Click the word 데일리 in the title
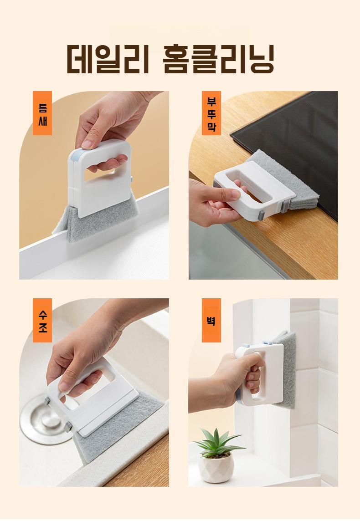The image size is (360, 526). coord(108,59)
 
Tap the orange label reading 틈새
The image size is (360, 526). coord(42,113)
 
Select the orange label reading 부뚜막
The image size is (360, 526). coord(211,113)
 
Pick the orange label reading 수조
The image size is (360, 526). coord(42,320)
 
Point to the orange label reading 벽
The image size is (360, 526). coord(211,320)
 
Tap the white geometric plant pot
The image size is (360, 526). coord(216,467)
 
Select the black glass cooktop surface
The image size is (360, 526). coord(296,137)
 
